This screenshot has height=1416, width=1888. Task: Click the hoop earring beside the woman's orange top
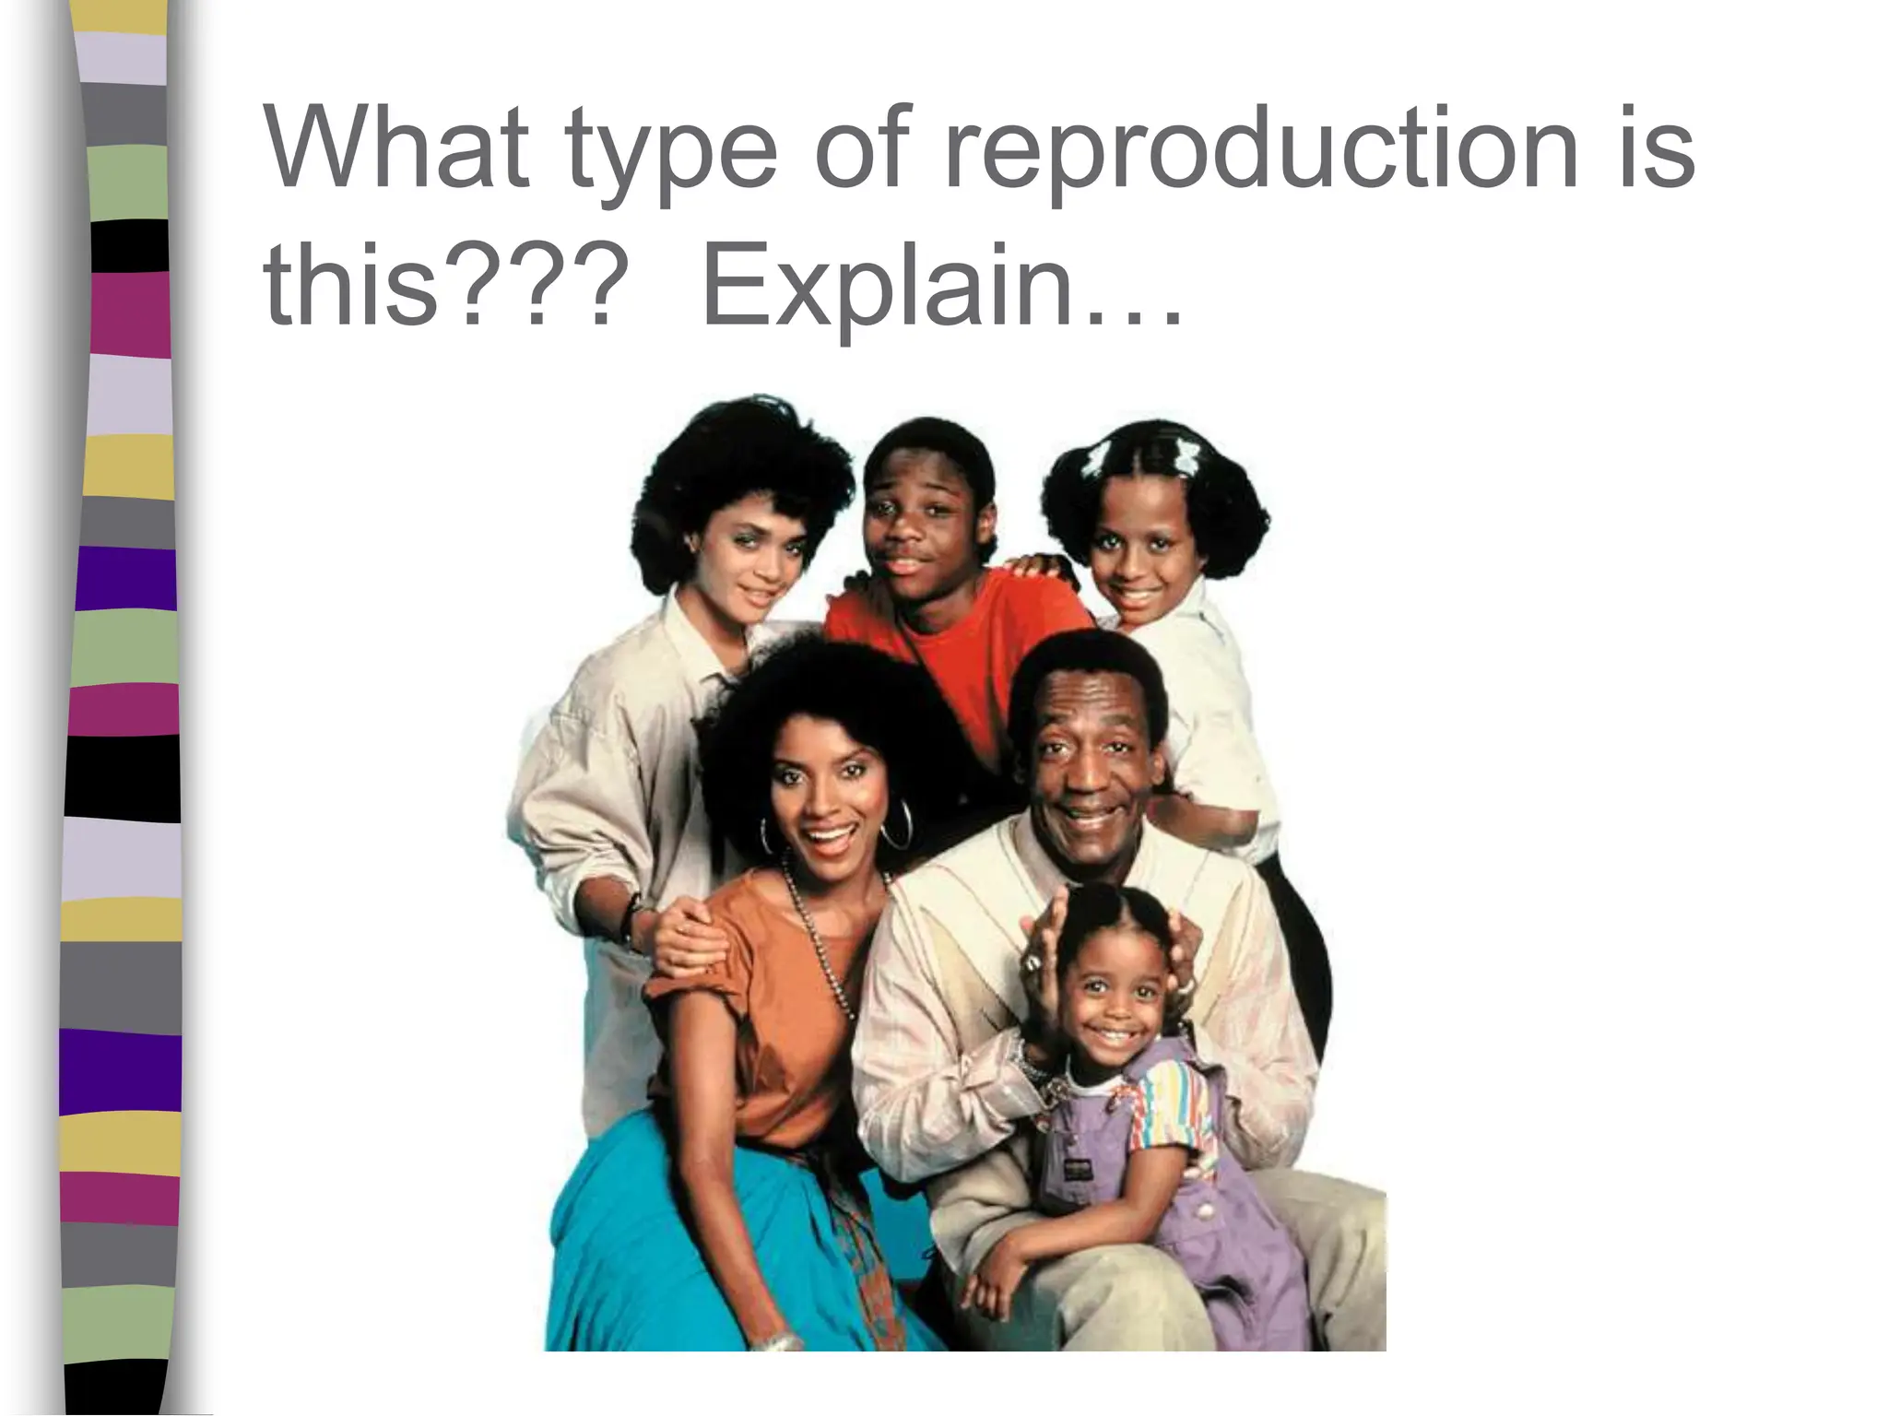(895, 825)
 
